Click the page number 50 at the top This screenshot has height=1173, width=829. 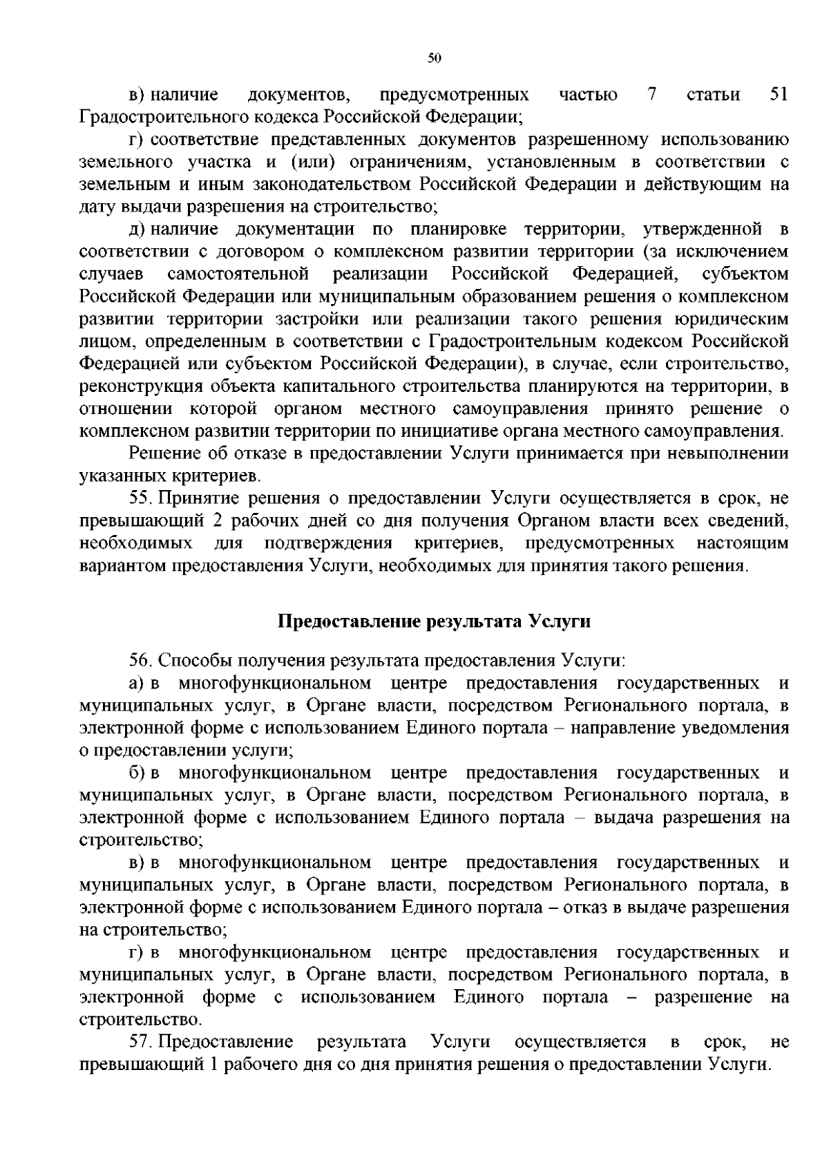point(434,59)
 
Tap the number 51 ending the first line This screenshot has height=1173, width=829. point(779,95)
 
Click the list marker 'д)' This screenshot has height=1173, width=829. point(137,229)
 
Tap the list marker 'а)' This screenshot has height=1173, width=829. point(137,684)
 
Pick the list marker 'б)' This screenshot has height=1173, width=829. point(137,773)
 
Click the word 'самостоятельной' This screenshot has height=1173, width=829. point(238,274)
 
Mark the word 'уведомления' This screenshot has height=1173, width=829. point(735,728)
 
